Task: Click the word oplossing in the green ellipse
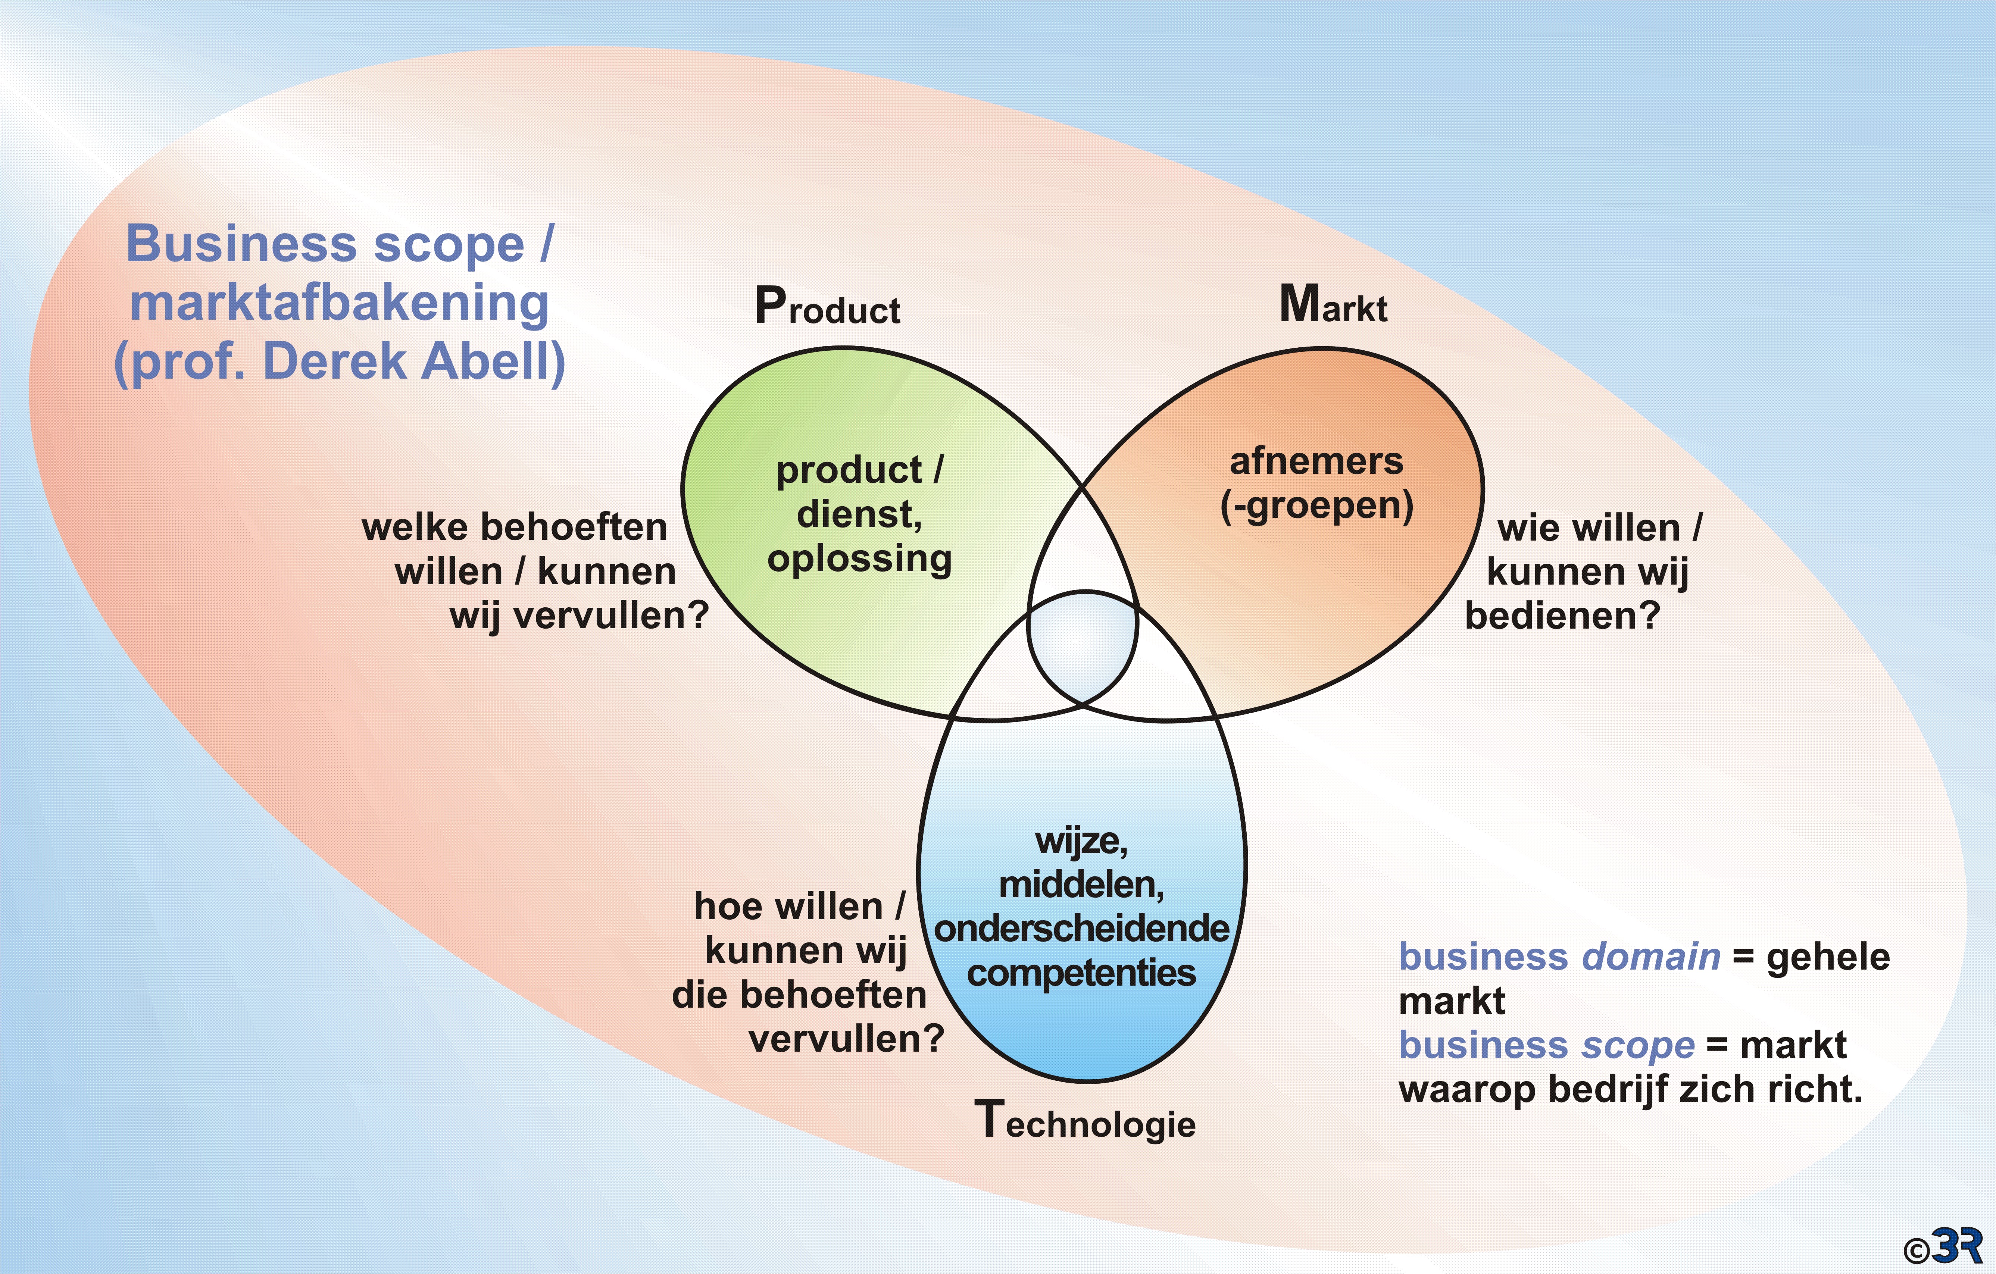(860, 559)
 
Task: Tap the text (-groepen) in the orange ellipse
(1316, 505)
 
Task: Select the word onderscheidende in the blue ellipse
(1082, 928)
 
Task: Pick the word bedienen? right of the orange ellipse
(1562, 616)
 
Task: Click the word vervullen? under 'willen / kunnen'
(578, 616)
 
